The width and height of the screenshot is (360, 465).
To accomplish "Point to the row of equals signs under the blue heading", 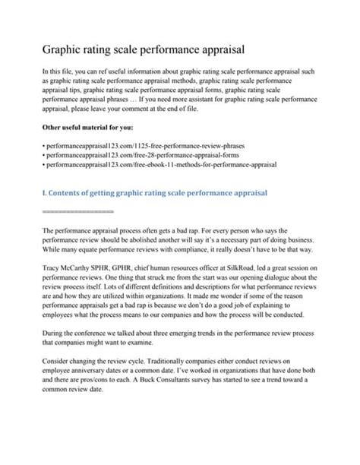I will [x=77, y=210].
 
